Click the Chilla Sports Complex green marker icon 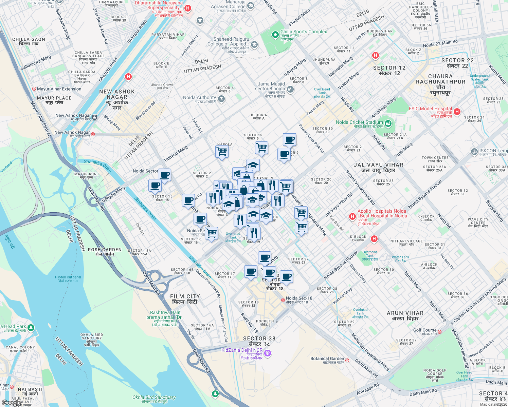(x=275, y=35)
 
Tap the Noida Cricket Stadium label (x=359, y=122)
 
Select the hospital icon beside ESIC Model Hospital (x=457, y=111)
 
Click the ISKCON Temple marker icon (x=474, y=151)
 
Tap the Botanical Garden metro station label (x=327, y=359)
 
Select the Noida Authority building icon (x=221, y=99)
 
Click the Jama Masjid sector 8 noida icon (x=290, y=89)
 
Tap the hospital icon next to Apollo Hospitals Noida (x=352, y=216)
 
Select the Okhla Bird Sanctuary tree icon (x=215, y=393)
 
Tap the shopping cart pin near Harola (x=222, y=151)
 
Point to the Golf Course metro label (x=425, y=330)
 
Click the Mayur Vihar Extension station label (x=59, y=89)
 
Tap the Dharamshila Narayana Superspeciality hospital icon (x=188, y=8)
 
